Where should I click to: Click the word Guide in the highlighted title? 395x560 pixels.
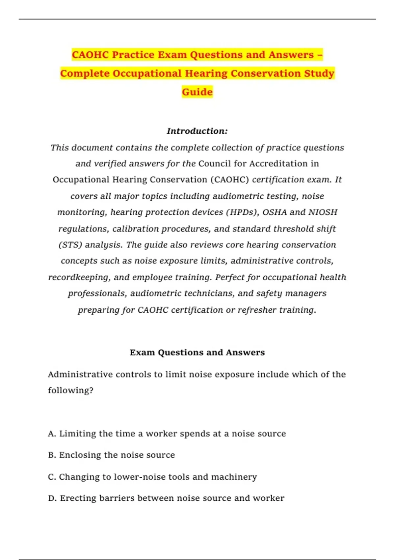[x=197, y=92]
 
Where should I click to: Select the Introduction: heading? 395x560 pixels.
[x=197, y=131]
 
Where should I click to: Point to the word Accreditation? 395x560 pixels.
[x=275, y=164]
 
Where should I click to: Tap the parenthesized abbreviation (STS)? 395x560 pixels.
[x=70, y=245]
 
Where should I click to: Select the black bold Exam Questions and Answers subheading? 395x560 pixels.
[x=197, y=352]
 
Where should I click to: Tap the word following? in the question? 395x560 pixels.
[x=71, y=391]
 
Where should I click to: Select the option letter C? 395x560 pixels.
[x=52, y=477]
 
